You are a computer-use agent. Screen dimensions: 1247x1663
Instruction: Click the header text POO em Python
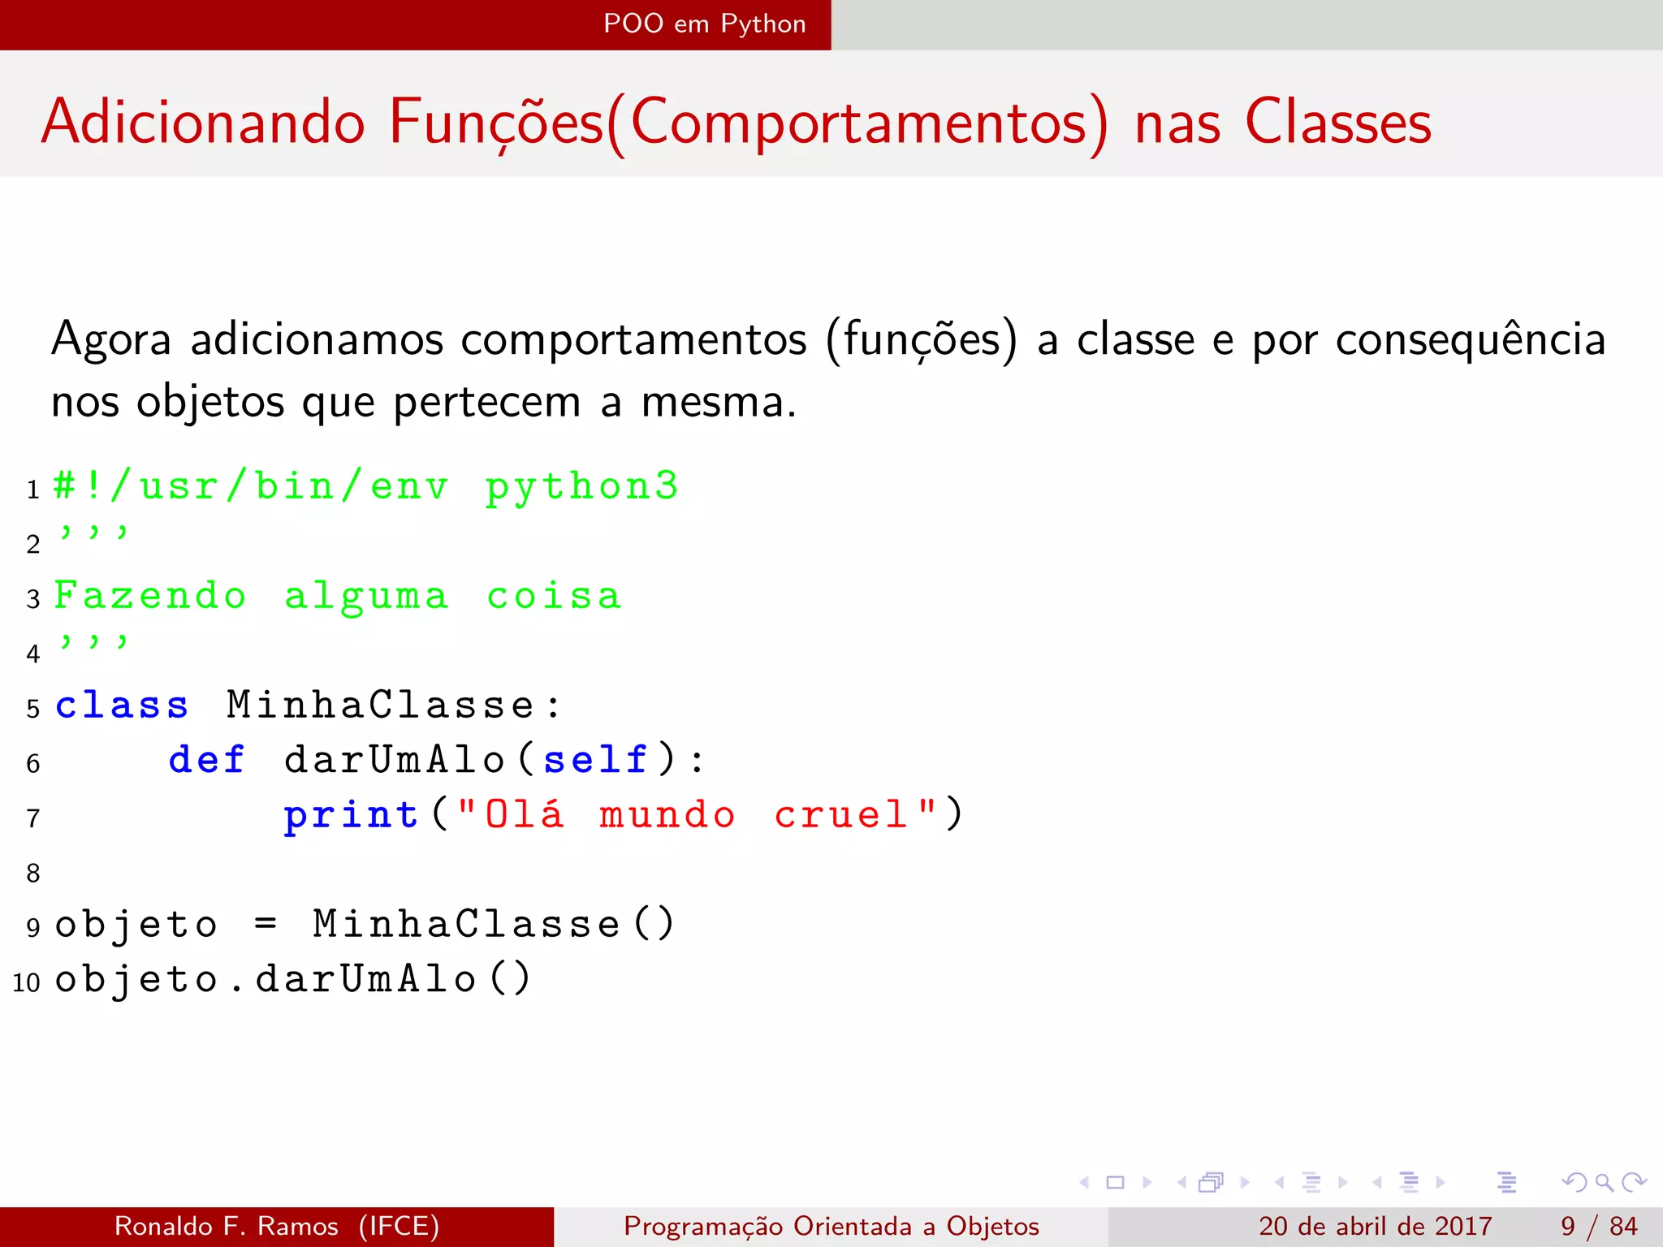tap(704, 24)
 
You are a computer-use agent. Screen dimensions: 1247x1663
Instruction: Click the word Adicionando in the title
tap(203, 123)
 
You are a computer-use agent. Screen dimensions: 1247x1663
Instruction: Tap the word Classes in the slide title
tap(1337, 123)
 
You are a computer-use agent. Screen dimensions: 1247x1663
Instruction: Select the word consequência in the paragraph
tap(1470, 339)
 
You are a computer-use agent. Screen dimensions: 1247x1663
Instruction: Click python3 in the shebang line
tap(581, 487)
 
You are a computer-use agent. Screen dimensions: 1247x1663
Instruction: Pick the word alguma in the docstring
tap(366, 597)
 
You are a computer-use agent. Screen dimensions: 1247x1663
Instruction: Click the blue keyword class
tap(122, 705)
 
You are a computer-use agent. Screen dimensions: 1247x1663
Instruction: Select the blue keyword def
tap(206, 760)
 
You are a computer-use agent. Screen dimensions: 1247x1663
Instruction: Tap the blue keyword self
tap(595, 760)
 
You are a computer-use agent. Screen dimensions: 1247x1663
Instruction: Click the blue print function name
tap(351, 815)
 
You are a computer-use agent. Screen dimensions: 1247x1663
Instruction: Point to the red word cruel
tap(841, 815)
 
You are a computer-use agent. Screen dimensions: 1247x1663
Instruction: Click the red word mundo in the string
tap(667, 815)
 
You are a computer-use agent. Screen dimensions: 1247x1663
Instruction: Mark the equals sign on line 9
tap(266, 924)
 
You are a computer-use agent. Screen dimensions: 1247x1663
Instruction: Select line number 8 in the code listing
tap(33, 874)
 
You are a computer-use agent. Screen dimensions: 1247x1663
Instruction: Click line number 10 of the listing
tap(26, 982)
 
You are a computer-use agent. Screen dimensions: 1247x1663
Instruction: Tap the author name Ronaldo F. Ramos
tap(227, 1226)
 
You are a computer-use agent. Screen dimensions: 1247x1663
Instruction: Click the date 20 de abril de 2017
tap(1375, 1226)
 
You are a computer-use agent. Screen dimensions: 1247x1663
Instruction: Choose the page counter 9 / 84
tap(1598, 1226)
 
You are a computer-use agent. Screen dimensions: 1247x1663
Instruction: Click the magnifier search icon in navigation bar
tap(1604, 1182)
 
